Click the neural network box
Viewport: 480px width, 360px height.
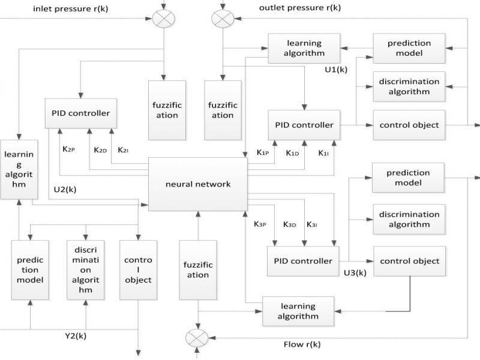click(x=197, y=184)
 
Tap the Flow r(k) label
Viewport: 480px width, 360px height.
click(x=302, y=344)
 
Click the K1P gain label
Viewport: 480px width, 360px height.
click(x=262, y=153)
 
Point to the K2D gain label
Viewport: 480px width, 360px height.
click(x=100, y=149)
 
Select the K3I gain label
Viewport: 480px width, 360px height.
click(x=312, y=224)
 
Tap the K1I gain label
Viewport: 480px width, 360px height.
click(x=323, y=153)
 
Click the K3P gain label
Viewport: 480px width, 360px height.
click(x=259, y=224)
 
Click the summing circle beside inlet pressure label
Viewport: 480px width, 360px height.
click(x=163, y=19)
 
